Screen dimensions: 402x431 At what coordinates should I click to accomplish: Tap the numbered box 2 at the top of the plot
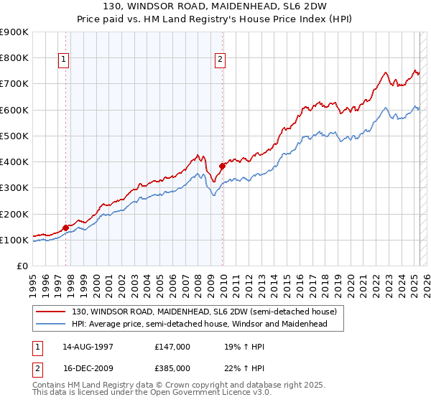point(220,60)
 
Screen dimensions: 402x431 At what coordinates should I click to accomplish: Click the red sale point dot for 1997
point(65,228)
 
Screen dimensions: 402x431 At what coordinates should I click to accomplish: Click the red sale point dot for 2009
point(222,166)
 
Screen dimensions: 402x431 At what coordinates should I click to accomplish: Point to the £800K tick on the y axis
point(14,57)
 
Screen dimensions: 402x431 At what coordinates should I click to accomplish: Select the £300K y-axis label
point(14,188)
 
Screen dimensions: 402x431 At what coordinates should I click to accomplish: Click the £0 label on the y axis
point(22,266)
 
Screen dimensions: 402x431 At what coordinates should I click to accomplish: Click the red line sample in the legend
point(51,311)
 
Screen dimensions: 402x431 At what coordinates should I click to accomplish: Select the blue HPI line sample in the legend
point(51,324)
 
